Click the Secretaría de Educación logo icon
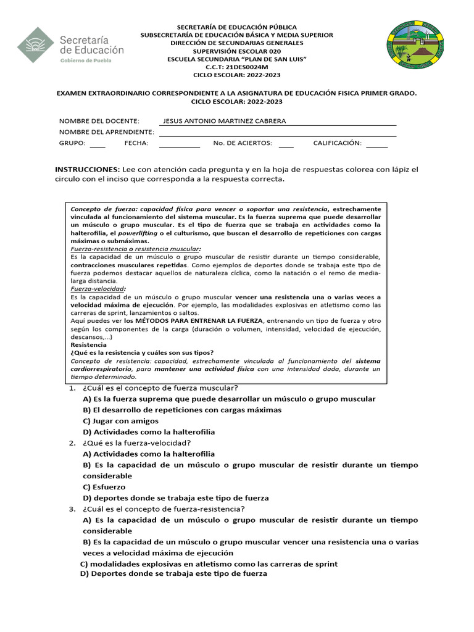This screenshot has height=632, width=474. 35,45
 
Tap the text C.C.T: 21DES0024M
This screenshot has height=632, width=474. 237,67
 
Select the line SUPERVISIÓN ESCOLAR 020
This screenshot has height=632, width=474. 237,51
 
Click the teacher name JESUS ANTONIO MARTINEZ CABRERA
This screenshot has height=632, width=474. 223,121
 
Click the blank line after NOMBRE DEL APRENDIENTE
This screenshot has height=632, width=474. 278,133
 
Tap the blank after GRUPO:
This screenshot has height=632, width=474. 98,144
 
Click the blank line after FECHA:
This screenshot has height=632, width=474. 180,144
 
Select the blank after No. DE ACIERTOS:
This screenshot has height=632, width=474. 286,144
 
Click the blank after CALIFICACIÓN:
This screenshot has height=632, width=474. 376,144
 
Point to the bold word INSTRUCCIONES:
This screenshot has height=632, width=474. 88,169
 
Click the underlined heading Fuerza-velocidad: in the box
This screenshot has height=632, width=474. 98,289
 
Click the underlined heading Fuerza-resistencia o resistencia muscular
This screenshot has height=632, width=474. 127,249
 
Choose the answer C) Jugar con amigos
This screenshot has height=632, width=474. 120,421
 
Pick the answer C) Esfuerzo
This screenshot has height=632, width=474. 104,487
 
